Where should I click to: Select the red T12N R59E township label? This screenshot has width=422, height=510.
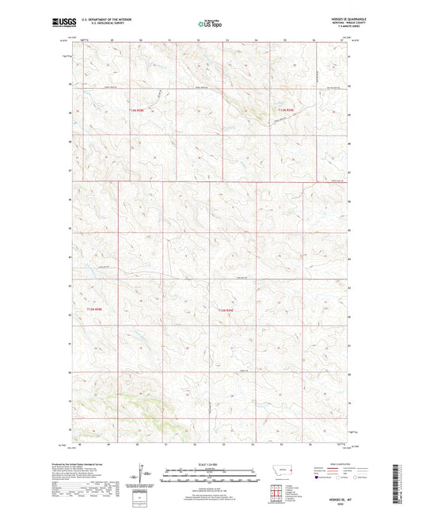pyautogui.click(x=226, y=310)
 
